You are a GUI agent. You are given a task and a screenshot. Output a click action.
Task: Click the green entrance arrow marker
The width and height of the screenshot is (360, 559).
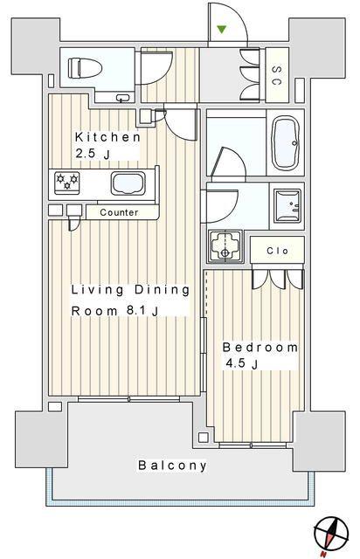point(222,29)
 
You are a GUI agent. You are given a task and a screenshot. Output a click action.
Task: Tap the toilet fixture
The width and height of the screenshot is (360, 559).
point(85,67)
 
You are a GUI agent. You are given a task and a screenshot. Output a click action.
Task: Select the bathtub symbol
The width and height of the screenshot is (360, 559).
point(286,142)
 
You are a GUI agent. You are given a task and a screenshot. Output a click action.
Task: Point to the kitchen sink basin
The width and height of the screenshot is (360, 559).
point(128,183)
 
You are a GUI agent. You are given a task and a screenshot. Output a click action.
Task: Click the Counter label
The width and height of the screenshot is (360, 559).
point(119,212)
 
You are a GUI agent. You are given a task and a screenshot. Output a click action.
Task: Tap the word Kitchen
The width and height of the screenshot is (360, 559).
point(107,137)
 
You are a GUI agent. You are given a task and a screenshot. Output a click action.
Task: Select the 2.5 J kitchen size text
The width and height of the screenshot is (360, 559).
point(92,154)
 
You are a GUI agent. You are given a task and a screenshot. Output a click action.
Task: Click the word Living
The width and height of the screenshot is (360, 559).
point(97,290)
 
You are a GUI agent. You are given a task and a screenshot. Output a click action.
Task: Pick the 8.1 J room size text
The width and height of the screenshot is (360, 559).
point(142,311)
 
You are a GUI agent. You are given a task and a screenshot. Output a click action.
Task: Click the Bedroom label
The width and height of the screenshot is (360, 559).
point(260,348)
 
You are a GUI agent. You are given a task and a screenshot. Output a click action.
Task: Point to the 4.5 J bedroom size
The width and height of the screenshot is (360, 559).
point(241,363)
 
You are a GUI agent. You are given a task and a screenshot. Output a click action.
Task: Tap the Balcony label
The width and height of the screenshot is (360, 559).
point(172,466)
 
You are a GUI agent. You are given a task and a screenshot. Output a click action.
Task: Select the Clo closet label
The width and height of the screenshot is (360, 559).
point(277,251)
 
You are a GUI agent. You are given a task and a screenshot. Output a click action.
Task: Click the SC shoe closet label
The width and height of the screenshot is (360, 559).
point(277,75)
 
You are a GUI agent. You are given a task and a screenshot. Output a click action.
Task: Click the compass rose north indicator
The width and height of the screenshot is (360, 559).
point(331,535)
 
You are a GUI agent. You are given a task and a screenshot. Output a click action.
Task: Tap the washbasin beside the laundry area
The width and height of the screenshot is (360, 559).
point(287,206)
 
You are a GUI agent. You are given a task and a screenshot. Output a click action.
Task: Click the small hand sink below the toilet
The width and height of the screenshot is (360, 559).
point(123,98)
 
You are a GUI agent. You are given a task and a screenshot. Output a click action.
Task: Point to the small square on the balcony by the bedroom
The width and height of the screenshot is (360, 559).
point(204,438)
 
